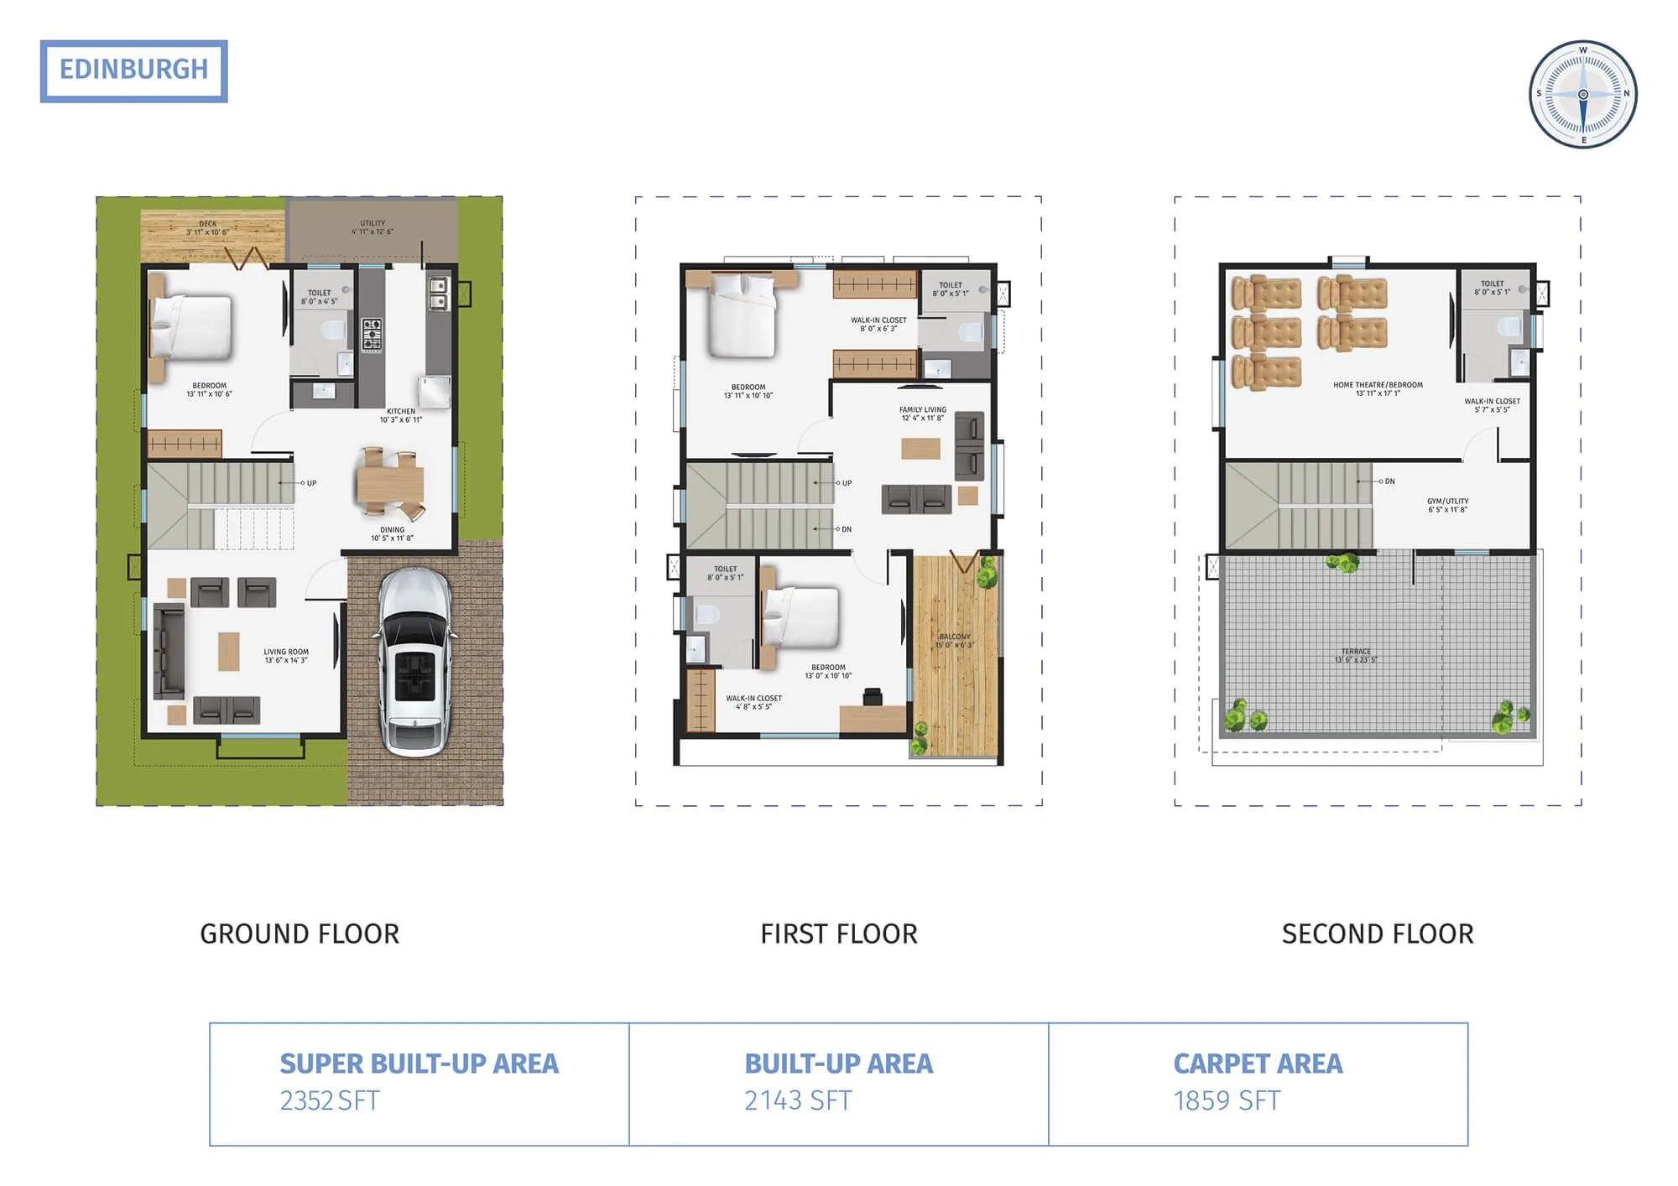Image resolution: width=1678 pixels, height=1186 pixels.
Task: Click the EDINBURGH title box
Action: click(133, 70)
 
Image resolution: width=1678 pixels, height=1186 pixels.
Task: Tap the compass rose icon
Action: click(1582, 94)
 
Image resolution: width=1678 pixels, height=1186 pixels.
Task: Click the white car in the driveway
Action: click(415, 662)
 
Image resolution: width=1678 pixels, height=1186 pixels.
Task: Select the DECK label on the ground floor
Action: click(207, 225)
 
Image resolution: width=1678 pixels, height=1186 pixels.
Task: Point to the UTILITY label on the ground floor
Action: click(373, 224)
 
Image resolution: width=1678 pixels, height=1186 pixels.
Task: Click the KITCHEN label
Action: click(401, 412)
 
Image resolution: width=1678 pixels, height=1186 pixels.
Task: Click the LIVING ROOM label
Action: click(286, 652)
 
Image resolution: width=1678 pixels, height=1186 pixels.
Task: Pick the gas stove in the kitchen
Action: click(373, 334)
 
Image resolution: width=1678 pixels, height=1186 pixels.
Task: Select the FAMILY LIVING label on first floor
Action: click(922, 410)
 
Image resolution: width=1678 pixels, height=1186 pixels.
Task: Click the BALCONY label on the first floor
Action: click(955, 637)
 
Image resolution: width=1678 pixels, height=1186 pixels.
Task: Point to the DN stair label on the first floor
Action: click(846, 529)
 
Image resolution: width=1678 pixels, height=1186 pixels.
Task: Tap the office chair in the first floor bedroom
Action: click(873, 696)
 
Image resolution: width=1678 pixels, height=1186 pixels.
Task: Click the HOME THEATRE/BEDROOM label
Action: click(1378, 385)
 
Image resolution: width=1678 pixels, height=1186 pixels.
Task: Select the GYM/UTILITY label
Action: click(1447, 502)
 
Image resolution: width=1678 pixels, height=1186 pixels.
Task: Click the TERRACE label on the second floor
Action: click(1356, 652)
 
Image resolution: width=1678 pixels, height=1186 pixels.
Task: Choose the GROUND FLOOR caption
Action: click(300, 934)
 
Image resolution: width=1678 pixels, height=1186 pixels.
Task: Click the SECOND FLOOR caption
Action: click(1377, 934)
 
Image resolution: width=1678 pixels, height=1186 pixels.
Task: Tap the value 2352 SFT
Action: click(330, 1100)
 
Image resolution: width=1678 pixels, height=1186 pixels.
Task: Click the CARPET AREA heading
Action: click(1258, 1064)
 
